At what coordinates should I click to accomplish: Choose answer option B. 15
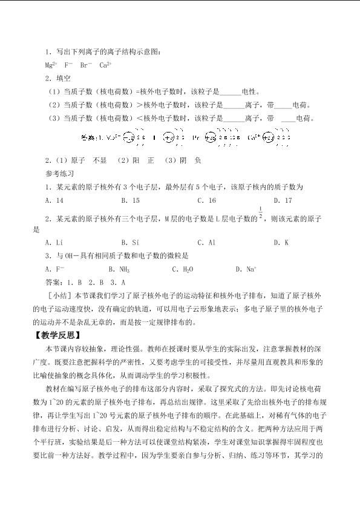tap(130, 200)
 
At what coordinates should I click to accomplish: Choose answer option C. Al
tap(206, 242)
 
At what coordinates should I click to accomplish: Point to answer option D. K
tap(281, 242)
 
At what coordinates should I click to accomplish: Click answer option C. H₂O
tap(183, 269)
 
